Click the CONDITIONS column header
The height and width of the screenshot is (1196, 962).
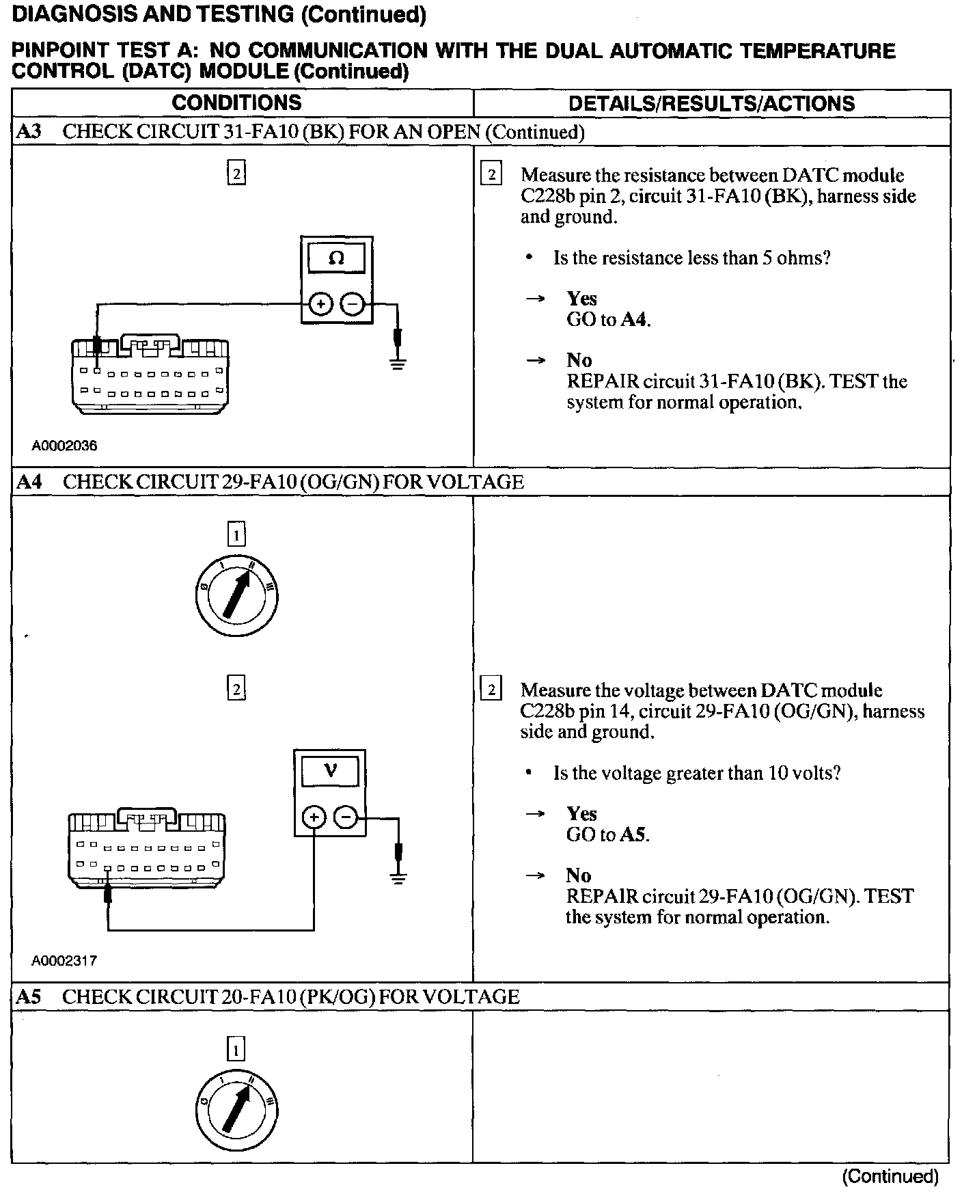[x=236, y=103]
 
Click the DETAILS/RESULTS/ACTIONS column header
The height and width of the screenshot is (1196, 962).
[x=711, y=104]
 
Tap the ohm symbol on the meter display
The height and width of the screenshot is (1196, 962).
[x=336, y=258]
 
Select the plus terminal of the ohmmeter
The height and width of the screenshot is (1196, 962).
[x=320, y=304]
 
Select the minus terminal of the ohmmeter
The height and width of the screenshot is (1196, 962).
[x=353, y=304]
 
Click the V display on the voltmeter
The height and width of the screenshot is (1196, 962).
[x=330, y=771]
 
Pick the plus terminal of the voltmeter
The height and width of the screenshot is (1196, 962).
[x=314, y=817]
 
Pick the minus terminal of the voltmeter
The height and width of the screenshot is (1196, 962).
[x=346, y=817]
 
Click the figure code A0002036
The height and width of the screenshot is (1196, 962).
[x=64, y=446]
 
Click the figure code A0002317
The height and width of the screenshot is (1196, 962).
[x=64, y=960]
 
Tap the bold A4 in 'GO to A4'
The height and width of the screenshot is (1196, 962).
[x=635, y=319]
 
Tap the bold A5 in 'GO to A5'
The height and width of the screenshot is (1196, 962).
[x=633, y=834]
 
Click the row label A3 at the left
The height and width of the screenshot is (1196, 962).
[x=29, y=132]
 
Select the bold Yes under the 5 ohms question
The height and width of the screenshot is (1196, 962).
[x=581, y=299]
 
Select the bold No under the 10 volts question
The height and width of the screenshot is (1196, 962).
[x=578, y=875]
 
